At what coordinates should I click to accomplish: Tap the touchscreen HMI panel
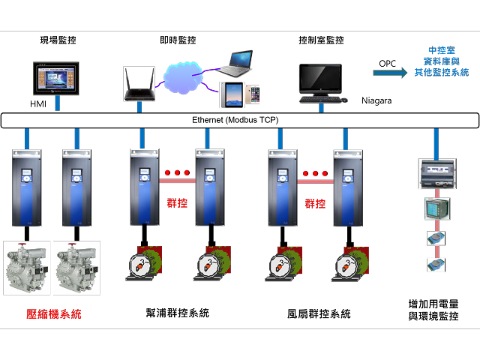tap(56, 77)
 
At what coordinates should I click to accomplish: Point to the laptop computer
tap(233, 64)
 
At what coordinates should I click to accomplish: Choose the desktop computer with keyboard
tap(322, 82)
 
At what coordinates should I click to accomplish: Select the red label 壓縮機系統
tap(54, 314)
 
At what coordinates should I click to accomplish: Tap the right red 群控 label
tap(315, 202)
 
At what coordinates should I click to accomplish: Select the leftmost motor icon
tap(142, 264)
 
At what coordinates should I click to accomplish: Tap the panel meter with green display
tap(436, 208)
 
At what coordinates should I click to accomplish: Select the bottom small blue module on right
tap(436, 264)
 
